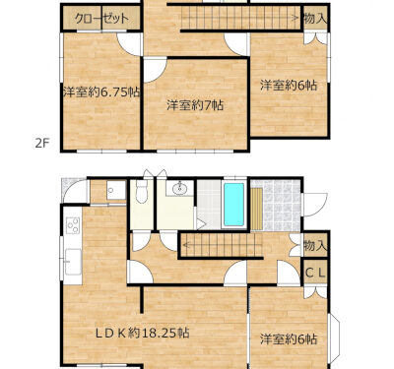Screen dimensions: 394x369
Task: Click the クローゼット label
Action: (x=101, y=19)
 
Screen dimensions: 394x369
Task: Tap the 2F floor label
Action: (x=42, y=144)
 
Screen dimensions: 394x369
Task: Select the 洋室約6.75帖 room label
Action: (x=101, y=92)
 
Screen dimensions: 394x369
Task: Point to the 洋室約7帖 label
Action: (x=195, y=105)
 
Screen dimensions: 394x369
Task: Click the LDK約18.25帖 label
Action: (x=142, y=334)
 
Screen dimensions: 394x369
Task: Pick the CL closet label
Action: (x=315, y=272)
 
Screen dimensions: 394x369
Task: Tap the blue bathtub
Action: (x=233, y=204)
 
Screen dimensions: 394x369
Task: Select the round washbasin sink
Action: (x=179, y=188)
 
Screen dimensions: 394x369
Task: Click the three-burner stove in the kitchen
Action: (x=73, y=225)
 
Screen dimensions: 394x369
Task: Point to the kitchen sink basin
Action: (x=73, y=262)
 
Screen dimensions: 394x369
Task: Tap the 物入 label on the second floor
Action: (x=315, y=19)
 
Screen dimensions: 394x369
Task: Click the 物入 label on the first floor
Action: (x=315, y=245)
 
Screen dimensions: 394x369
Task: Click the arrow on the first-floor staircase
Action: (x=223, y=244)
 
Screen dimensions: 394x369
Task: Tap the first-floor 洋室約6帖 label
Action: (x=289, y=339)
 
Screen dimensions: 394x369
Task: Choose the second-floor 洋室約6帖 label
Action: (x=289, y=86)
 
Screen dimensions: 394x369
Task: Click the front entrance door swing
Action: (x=314, y=205)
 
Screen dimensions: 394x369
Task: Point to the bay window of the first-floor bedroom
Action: (x=334, y=337)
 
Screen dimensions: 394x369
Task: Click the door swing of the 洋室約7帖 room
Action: (x=156, y=70)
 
